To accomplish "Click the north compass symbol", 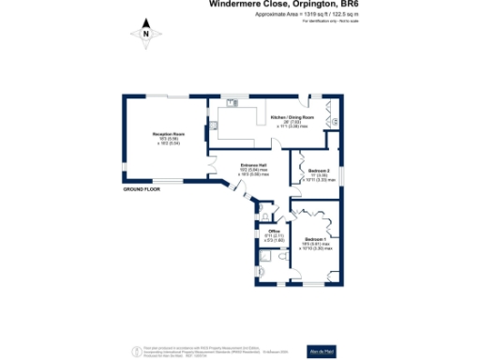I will (146, 34).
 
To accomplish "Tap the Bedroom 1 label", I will (319, 240).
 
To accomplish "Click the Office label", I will (275, 231).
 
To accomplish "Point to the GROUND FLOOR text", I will (142, 191).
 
